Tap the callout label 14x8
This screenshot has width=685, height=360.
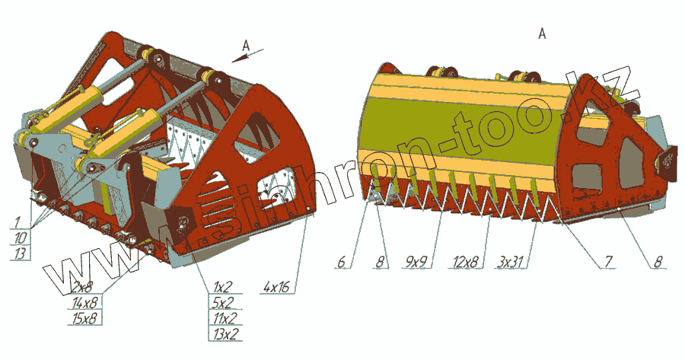[86, 302]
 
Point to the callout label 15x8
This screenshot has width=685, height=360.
[86, 317]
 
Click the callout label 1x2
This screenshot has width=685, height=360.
[222, 288]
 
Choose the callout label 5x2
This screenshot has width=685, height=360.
[223, 303]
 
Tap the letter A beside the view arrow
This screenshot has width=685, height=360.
[245, 46]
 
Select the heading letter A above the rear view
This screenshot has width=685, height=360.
[541, 33]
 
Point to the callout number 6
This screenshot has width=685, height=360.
[342, 263]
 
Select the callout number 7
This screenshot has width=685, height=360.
[608, 263]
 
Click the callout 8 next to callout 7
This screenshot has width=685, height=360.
[658, 263]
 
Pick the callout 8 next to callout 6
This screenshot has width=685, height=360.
[378, 263]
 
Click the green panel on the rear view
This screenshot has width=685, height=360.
[457, 126]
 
